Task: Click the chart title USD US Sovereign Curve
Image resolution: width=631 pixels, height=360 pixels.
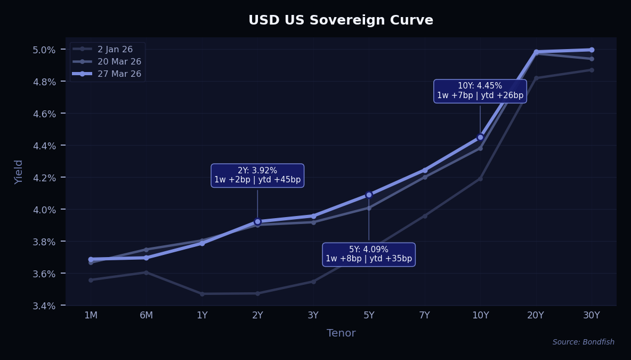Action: tap(341, 20)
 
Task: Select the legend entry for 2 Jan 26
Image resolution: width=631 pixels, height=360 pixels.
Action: tap(115, 49)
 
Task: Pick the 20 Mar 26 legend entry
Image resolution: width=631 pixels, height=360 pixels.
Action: tap(119, 61)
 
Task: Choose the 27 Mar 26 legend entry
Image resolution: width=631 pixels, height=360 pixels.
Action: tap(119, 74)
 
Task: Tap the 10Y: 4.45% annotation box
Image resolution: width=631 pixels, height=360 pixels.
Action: tap(480, 91)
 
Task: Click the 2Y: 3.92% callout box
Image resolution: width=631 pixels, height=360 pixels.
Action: tap(257, 175)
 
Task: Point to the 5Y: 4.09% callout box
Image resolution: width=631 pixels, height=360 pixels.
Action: tap(369, 254)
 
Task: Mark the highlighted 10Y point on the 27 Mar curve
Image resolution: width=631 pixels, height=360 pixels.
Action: tap(480, 137)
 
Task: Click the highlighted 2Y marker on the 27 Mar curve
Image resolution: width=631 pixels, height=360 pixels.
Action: tap(257, 221)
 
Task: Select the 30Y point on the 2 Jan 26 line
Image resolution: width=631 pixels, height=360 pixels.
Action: tap(592, 70)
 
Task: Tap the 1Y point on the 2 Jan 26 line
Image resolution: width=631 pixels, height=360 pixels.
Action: tap(202, 294)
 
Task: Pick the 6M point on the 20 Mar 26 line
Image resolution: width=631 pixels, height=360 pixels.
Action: tap(146, 250)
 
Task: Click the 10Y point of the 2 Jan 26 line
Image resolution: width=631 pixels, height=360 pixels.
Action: tap(480, 179)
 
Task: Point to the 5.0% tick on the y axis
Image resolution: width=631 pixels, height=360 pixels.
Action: tap(44, 50)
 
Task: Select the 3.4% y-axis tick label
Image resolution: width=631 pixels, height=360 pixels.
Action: tap(44, 306)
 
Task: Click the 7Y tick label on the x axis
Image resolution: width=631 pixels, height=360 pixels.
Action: tap(424, 315)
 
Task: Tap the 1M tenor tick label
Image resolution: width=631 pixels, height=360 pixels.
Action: tap(91, 315)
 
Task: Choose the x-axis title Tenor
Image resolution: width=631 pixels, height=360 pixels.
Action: tap(341, 333)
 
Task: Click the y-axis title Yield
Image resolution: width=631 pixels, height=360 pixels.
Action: tap(19, 172)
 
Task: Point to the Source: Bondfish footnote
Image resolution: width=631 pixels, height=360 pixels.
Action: tap(583, 342)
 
